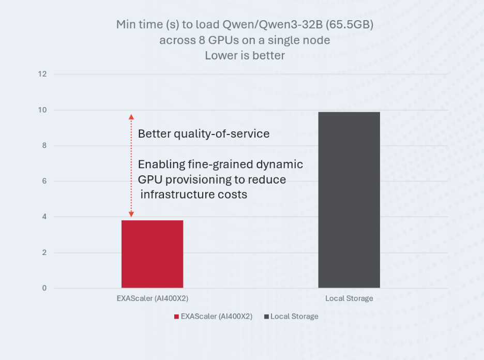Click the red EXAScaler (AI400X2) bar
click(x=152, y=254)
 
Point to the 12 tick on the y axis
click(x=42, y=74)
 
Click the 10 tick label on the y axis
click(x=42, y=110)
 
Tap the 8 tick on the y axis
click(x=44, y=146)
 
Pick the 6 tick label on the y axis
click(x=44, y=182)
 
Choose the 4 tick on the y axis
click(x=44, y=217)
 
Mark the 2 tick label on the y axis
click(x=44, y=253)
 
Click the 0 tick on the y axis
click(x=44, y=288)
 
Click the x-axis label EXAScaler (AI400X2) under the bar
click(x=152, y=298)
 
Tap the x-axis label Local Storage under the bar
click(x=349, y=298)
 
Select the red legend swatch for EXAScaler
click(x=176, y=317)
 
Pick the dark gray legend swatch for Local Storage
click(x=266, y=317)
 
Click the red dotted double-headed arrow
click(x=131, y=166)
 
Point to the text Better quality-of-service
click(x=204, y=134)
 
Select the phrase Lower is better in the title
click(x=245, y=55)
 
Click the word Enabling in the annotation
click(x=161, y=165)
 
